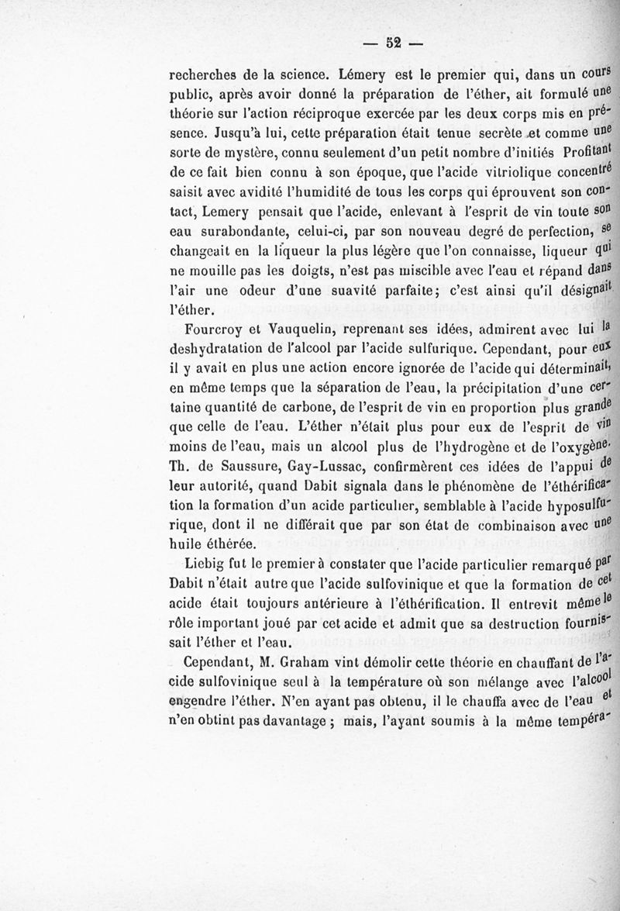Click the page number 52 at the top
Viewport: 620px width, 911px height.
pyautogui.click(x=392, y=43)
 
